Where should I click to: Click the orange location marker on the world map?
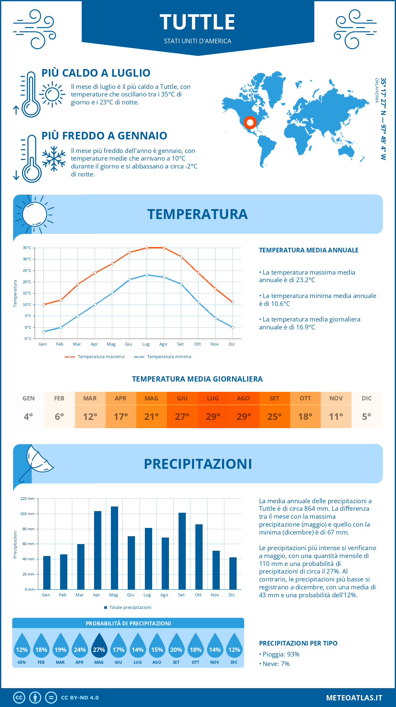(x=250, y=123)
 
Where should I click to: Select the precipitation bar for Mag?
(x=115, y=548)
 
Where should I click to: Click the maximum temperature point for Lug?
(x=147, y=248)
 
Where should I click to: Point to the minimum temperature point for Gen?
(x=44, y=332)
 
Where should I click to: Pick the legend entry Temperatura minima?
(x=163, y=357)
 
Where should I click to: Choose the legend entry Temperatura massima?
(x=95, y=357)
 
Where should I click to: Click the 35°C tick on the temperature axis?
(x=27, y=248)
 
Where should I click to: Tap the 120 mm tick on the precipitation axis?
(x=27, y=499)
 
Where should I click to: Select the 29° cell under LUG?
(x=213, y=417)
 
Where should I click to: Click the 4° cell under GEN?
(x=28, y=417)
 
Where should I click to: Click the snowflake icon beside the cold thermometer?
(x=54, y=158)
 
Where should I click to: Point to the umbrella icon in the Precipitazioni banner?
(x=36, y=463)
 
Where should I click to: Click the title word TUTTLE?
(x=197, y=22)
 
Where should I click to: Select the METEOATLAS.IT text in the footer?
(x=354, y=698)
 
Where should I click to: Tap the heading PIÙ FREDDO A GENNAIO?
(x=104, y=136)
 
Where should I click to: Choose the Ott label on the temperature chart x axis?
(x=197, y=344)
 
